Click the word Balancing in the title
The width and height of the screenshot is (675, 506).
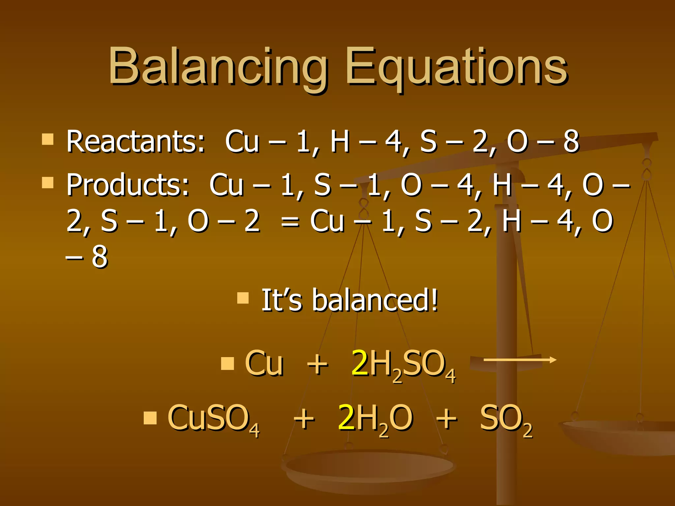pos(218,68)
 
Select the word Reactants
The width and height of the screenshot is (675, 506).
pos(135,142)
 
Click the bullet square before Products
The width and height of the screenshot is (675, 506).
pos(48,182)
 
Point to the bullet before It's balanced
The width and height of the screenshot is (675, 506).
pos(243,298)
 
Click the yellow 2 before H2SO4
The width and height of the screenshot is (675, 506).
pos(360,363)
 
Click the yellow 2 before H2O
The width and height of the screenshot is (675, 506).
pos(346,418)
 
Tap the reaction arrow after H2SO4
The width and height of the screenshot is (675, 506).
pos(520,360)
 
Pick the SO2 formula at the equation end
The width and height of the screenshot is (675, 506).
pos(506,419)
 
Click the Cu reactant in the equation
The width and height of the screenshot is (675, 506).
pos(264,363)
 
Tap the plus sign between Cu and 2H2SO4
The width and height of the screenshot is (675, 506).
pos(317,364)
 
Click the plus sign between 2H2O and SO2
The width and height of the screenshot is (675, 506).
pos(447,419)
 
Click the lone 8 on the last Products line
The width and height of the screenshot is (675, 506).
pos(100,257)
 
